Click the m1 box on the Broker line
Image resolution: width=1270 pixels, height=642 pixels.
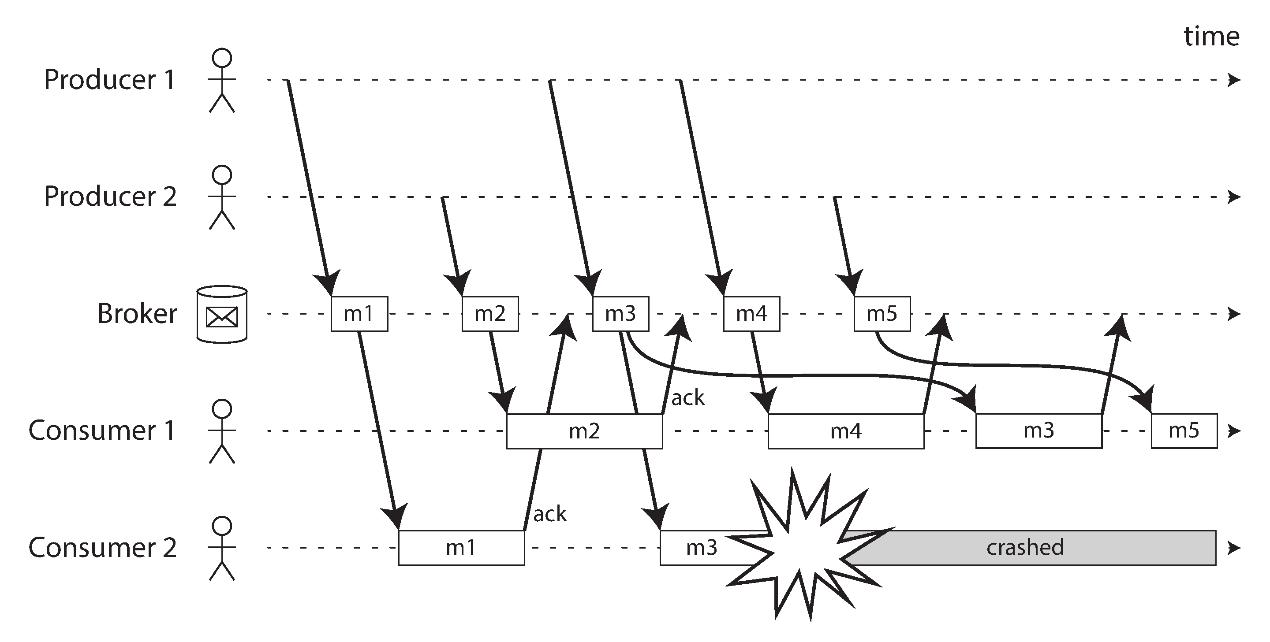[359, 314]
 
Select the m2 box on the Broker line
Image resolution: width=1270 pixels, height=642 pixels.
[489, 314]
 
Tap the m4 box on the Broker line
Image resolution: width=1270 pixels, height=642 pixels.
[751, 314]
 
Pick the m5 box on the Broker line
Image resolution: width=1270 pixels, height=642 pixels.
[882, 314]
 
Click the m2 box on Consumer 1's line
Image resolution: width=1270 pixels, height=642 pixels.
[584, 431]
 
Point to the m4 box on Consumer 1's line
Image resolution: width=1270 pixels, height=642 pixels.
[845, 431]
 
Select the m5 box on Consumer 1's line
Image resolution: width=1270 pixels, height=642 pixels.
[1184, 431]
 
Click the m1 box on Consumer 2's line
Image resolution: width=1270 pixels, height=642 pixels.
[461, 548]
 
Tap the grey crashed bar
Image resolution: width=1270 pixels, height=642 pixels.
[1025, 548]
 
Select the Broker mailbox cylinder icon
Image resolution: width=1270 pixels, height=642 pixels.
[222, 314]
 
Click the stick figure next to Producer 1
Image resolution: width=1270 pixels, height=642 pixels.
[222, 80]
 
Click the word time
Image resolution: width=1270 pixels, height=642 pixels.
[1211, 37]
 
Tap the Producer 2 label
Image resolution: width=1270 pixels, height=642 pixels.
[110, 197]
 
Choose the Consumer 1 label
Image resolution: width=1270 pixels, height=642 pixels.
[102, 430]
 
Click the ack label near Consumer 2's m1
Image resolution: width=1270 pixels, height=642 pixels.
[550, 514]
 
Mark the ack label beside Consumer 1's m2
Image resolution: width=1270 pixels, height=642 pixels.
[688, 397]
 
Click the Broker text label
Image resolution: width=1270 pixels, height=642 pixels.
[137, 314]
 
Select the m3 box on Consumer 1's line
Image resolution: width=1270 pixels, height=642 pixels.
[1038, 431]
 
